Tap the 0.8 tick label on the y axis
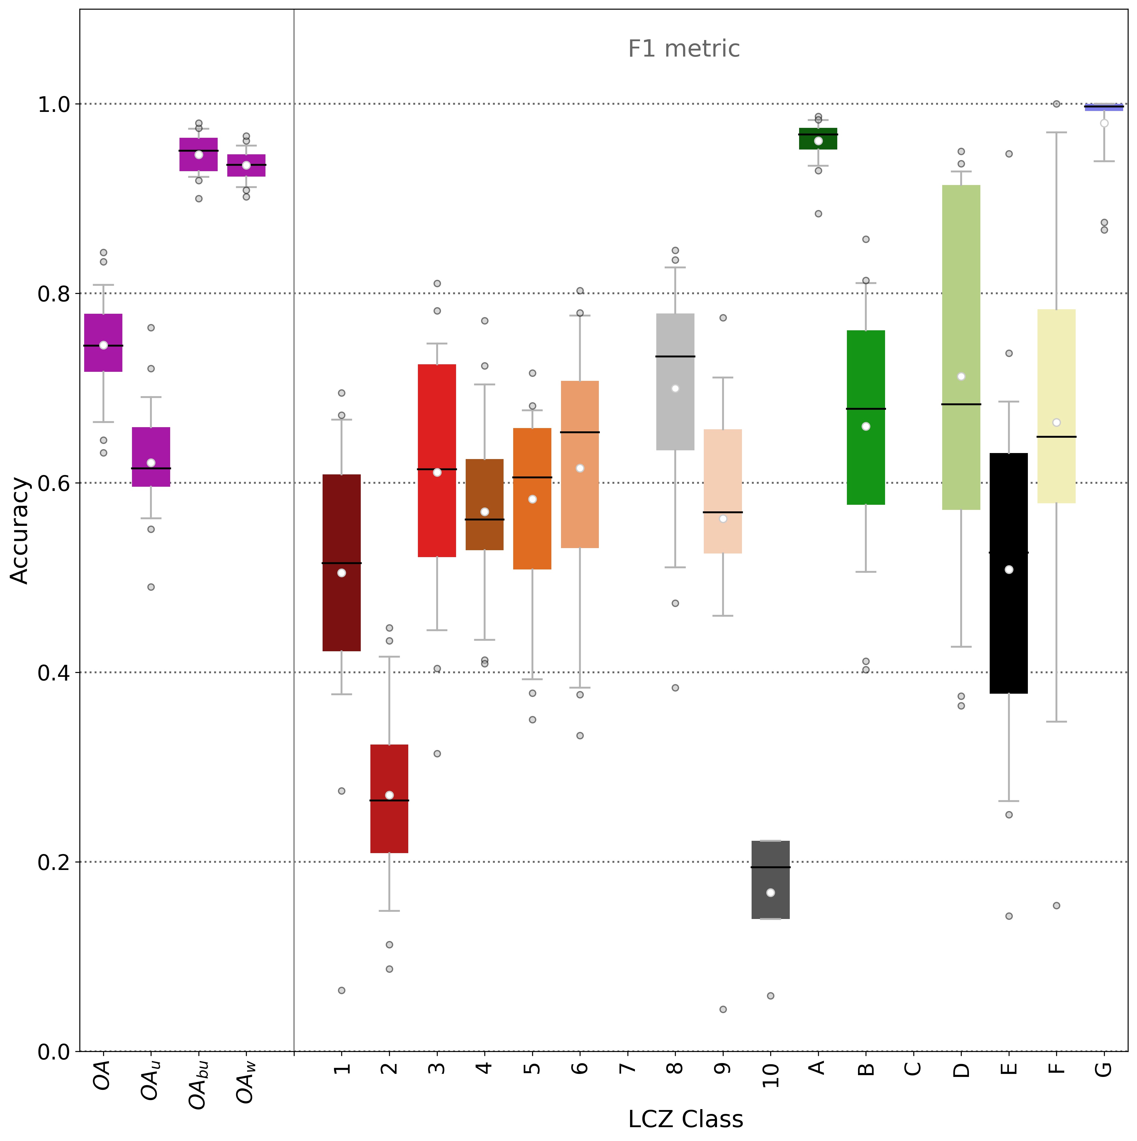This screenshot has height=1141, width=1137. click(x=54, y=294)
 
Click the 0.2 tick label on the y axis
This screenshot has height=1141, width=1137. click(x=54, y=862)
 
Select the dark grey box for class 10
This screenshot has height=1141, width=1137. click(x=771, y=880)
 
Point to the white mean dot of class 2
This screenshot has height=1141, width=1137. click(x=389, y=795)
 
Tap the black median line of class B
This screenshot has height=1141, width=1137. click(x=866, y=409)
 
